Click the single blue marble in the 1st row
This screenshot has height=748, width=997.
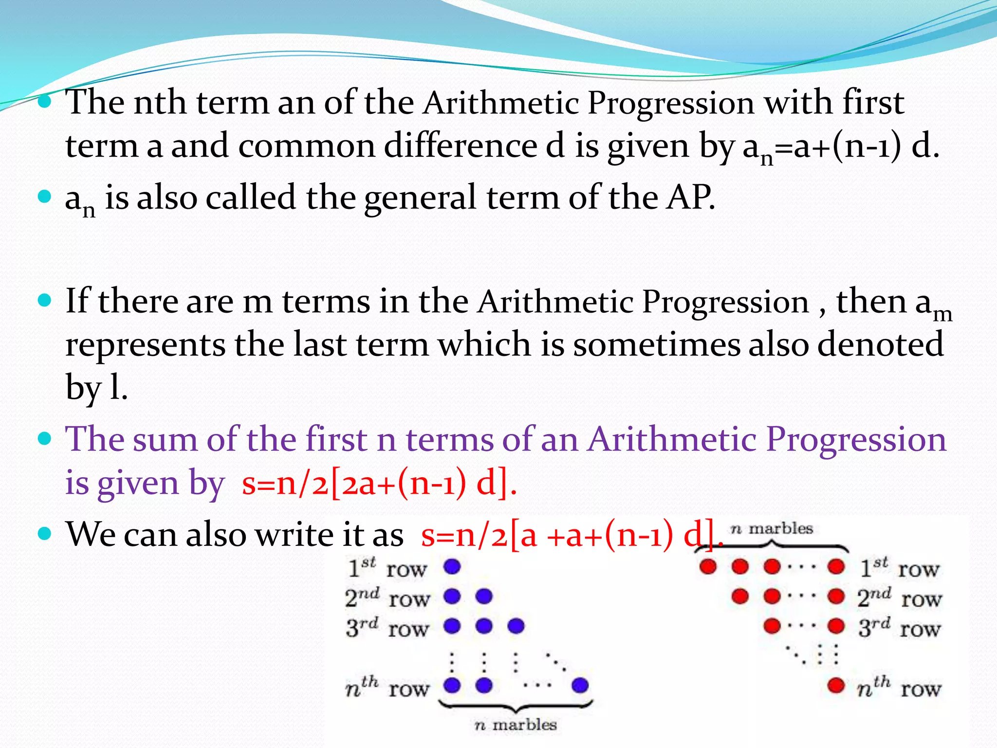point(452,566)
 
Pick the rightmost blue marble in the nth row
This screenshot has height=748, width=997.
point(580,686)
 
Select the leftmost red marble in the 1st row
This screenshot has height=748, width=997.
point(708,566)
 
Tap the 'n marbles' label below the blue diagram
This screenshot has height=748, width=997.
point(516,725)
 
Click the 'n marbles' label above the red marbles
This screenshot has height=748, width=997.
point(772,529)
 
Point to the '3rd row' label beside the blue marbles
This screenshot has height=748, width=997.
point(387,627)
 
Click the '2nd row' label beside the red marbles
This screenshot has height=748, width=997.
point(899,598)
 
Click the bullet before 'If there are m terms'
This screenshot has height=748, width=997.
point(44,300)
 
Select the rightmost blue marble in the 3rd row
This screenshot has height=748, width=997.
point(516,626)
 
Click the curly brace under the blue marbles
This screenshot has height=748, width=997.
point(516,706)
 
